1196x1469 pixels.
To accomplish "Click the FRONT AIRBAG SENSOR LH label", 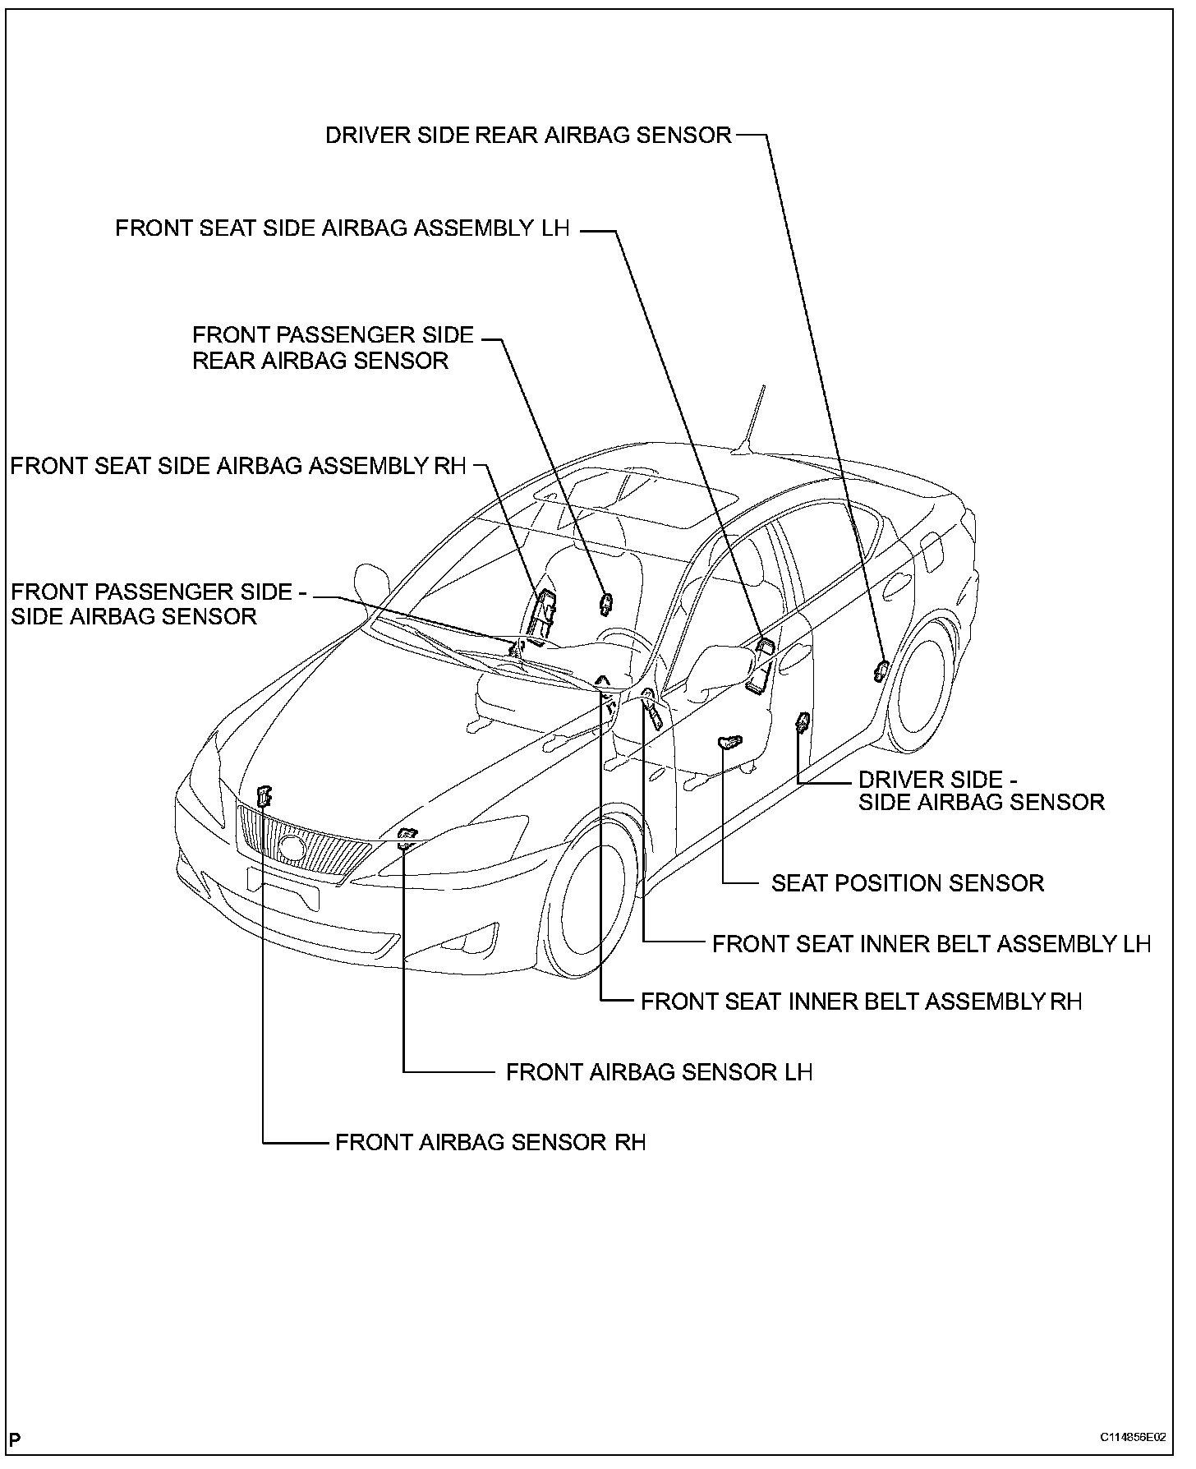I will (659, 1072).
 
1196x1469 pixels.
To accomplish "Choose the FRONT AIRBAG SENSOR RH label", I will (490, 1142).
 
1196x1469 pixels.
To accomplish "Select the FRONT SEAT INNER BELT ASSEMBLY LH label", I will (931, 944).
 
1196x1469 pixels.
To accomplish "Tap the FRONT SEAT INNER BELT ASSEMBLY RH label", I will (861, 1002).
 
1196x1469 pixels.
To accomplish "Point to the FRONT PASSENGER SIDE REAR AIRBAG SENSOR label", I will (333, 348).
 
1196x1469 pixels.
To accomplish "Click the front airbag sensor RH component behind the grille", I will (264, 795).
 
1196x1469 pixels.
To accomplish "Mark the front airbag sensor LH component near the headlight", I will (406, 837).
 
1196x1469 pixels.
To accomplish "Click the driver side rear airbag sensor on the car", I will (880, 670).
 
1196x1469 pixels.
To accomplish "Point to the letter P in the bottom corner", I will (16, 1439).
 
